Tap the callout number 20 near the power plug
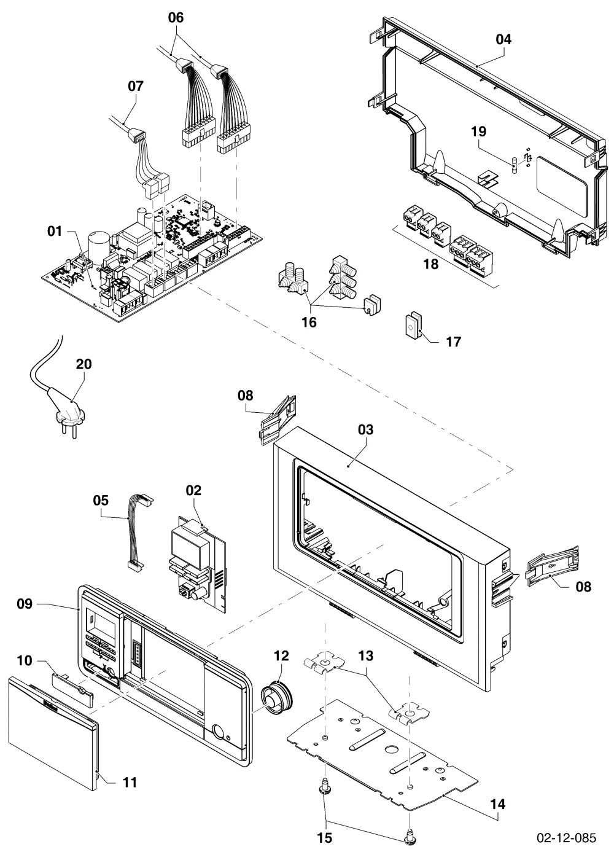click(84, 364)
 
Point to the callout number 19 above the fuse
click(478, 131)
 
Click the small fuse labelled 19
click(515, 165)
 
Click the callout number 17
click(453, 342)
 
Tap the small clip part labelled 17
click(413, 325)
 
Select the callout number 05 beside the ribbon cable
click(101, 500)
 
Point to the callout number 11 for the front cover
click(130, 782)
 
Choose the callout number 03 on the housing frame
click(365, 429)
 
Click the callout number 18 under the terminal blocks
click(430, 264)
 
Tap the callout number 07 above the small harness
click(136, 86)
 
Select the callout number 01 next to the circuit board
click(55, 231)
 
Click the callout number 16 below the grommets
click(309, 322)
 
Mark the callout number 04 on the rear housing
click(503, 39)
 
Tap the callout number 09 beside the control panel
click(25, 604)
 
